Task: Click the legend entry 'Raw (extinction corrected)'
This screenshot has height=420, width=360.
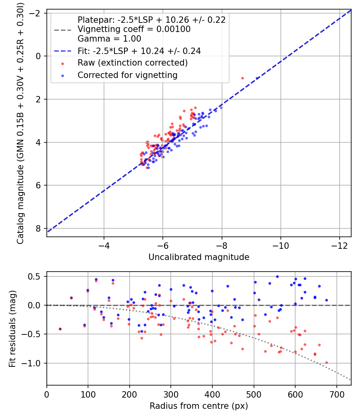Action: pyautogui.click(x=132, y=63)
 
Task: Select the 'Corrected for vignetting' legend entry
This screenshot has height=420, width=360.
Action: pyautogui.click(x=128, y=75)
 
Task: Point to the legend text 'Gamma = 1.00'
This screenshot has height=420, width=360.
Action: pyautogui.click(x=109, y=39)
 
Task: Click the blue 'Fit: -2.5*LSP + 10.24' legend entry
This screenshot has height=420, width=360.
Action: pyautogui.click(x=139, y=51)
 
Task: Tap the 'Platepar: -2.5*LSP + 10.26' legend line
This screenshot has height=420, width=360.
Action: pyautogui.click(x=151, y=20)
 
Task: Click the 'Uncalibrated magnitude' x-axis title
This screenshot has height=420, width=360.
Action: pyautogui.click(x=199, y=257)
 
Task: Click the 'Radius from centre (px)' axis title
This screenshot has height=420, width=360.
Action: pyautogui.click(x=199, y=406)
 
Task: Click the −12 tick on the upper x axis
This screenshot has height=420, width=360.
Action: pyautogui.click(x=339, y=244)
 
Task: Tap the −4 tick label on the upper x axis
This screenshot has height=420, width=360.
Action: pyautogui.click(x=104, y=244)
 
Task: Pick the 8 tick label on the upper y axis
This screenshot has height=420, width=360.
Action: pyautogui.click(x=39, y=228)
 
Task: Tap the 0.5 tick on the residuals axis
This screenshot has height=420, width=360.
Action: pyautogui.click(x=36, y=276)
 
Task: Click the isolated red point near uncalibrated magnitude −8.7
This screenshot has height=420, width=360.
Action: pyautogui.click(x=242, y=78)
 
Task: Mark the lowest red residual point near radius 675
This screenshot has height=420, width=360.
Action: pyautogui.click(x=326, y=362)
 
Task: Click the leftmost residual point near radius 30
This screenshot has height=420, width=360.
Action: pyautogui.click(x=60, y=329)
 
